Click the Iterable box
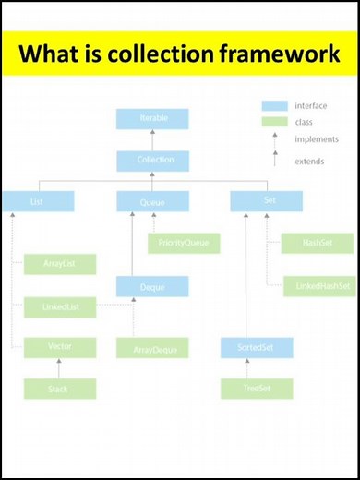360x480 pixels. click(152, 119)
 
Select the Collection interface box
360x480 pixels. click(152, 161)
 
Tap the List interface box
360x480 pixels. click(38, 200)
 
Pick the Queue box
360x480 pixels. click(152, 200)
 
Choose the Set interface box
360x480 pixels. click(267, 200)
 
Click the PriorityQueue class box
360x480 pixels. click(184, 243)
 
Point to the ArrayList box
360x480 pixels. click(60, 264)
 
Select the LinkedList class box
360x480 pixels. click(60, 306)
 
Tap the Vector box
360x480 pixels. click(60, 347)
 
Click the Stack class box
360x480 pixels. click(60, 389)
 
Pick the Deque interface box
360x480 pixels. click(152, 286)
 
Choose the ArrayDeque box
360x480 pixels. click(152, 348)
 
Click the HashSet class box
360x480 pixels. click(317, 243)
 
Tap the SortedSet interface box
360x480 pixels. click(257, 348)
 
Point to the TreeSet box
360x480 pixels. click(257, 389)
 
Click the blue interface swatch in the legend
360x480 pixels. click(274, 105)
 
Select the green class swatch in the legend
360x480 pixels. click(274, 122)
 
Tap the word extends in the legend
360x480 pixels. click(309, 161)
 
